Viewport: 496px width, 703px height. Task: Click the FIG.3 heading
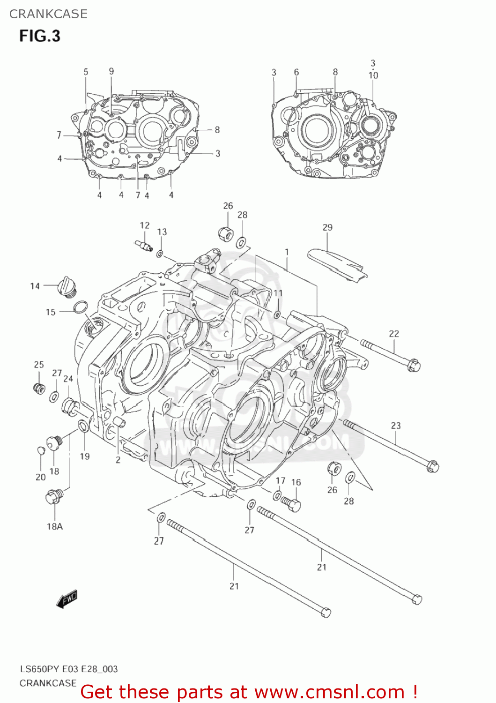click(40, 36)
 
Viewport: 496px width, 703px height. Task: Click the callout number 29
click(327, 227)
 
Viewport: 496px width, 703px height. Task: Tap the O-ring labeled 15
click(81, 307)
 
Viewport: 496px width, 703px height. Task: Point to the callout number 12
click(145, 225)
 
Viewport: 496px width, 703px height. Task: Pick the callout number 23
click(396, 426)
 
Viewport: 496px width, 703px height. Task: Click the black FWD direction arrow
click(67, 599)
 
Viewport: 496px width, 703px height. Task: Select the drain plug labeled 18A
click(53, 496)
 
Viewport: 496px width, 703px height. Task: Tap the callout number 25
click(39, 365)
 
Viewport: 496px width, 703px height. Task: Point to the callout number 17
click(281, 480)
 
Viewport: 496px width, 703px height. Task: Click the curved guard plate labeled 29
click(337, 265)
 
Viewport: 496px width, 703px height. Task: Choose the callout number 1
click(287, 252)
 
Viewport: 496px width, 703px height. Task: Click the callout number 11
click(278, 293)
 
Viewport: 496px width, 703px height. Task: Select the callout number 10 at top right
click(373, 75)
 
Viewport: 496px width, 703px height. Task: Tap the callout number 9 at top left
click(111, 71)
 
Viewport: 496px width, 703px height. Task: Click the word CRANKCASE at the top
click(48, 14)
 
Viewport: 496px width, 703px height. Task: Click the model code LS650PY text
click(39, 669)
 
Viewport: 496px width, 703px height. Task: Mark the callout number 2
click(118, 460)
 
